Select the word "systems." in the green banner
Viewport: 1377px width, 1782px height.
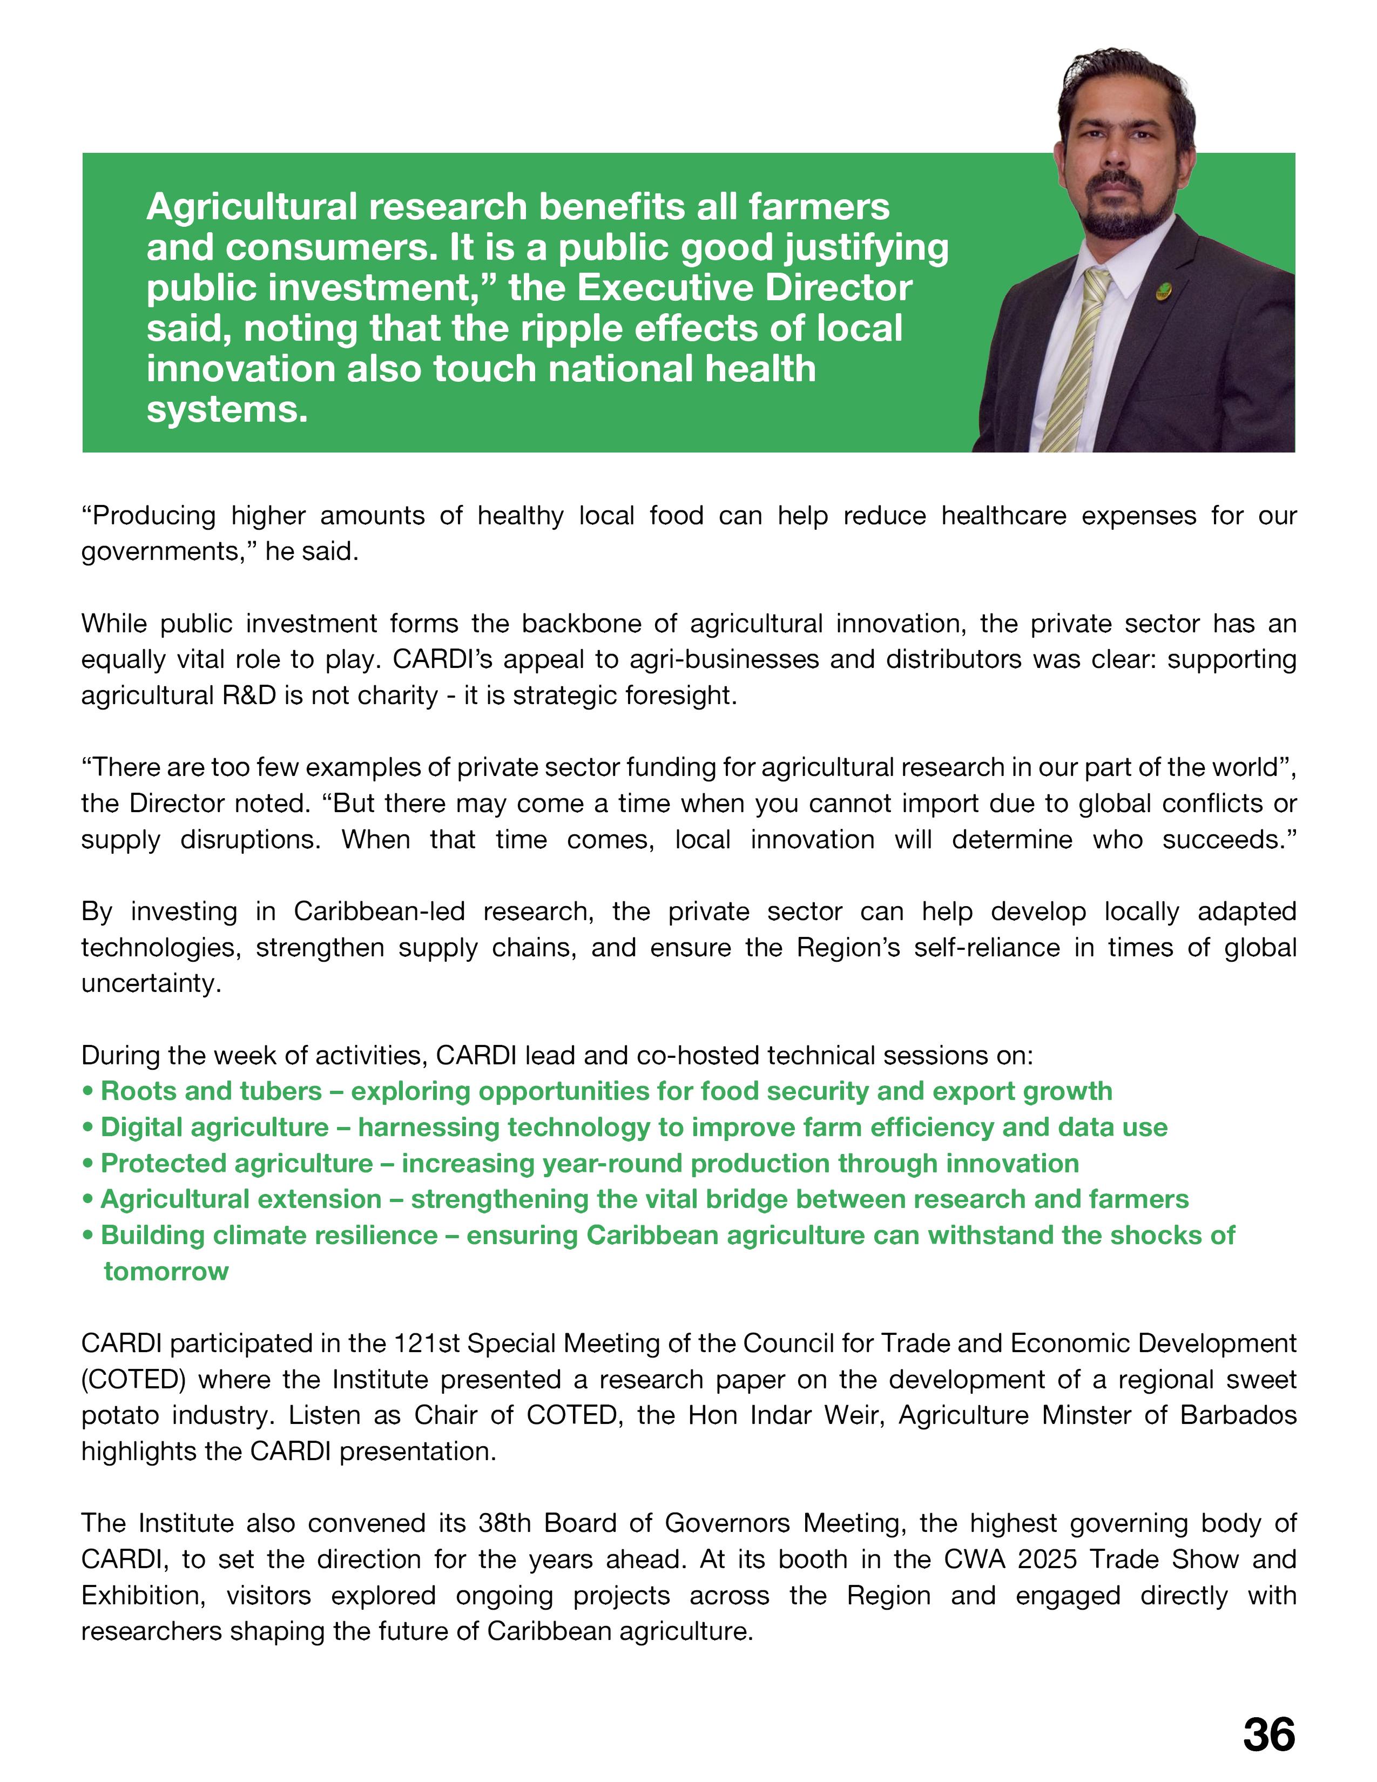pos(227,409)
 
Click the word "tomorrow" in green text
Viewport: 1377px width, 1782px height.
pos(166,1271)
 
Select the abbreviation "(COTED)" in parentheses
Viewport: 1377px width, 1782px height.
pos(134,1380)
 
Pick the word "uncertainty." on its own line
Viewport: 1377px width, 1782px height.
pos(151,983)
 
